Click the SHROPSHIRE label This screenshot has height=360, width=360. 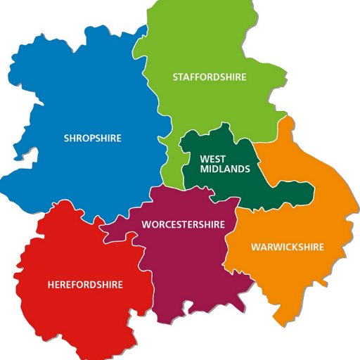tap(92, 138)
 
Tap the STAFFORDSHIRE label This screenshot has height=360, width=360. tap(210, 77)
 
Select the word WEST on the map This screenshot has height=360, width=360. tap(212, 159)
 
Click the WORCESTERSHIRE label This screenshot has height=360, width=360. tap(184, 224)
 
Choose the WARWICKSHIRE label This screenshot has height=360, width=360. tap(288, 247)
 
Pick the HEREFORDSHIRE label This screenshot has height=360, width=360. tap(85, 285)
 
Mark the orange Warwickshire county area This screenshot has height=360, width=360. tap(309, 211)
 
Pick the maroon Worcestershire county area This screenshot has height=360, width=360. tap(190, 267)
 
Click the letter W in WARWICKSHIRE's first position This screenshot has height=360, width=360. tap(255, 247)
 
